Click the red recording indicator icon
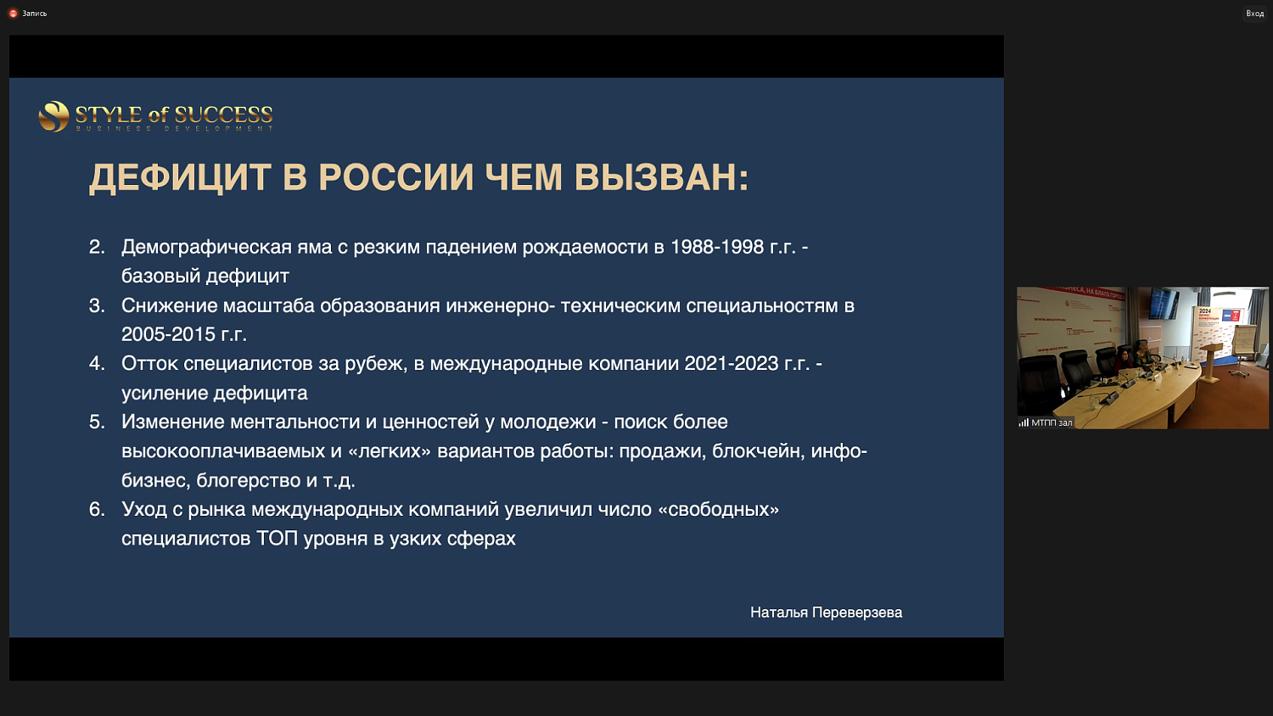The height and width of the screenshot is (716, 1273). click(x=13, y=14)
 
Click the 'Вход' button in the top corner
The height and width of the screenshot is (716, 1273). click(x=1254, y=14)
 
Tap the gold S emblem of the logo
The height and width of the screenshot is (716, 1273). click(x=53, y=116)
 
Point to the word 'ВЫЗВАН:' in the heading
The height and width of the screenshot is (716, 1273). click(x=661, y=178)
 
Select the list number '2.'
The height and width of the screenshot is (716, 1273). click(x=97, y=247)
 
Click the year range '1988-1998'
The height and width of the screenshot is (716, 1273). click(x=717, y=247)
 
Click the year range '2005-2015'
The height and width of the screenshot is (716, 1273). click(x=168, y=334)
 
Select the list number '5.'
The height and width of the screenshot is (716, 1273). click(x=97, y=422)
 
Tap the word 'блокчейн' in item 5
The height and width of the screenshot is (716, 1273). click(x=758, y=450)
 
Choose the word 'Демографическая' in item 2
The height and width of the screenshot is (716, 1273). click(x=206, y=247)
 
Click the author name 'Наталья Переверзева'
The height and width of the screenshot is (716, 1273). click(x=826, y=613)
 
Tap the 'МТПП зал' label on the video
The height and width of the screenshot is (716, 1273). click(x=1051, y=422)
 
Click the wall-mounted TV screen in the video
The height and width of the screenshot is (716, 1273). click(x=1164, y=303)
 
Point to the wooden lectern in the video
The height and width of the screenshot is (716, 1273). click(x=1210, y=361)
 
